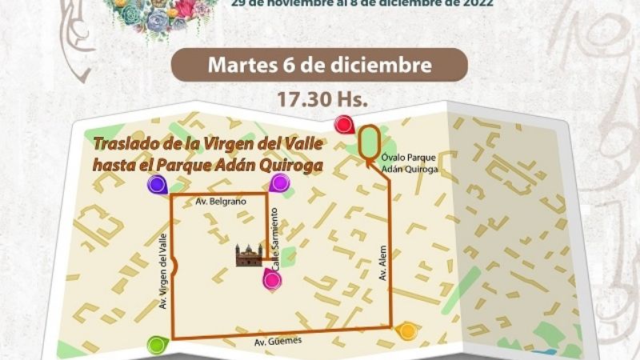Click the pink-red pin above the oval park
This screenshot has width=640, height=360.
(x=343, y=125)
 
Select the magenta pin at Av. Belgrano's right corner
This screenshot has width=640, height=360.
(x=279, y=183)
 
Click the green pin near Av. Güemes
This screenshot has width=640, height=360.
(x=157, y=346)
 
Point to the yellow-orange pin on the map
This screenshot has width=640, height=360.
(x=407, y=330)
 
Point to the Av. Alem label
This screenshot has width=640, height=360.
(x=383, y=263)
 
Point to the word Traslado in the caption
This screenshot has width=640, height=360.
(x=125, y=146)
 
